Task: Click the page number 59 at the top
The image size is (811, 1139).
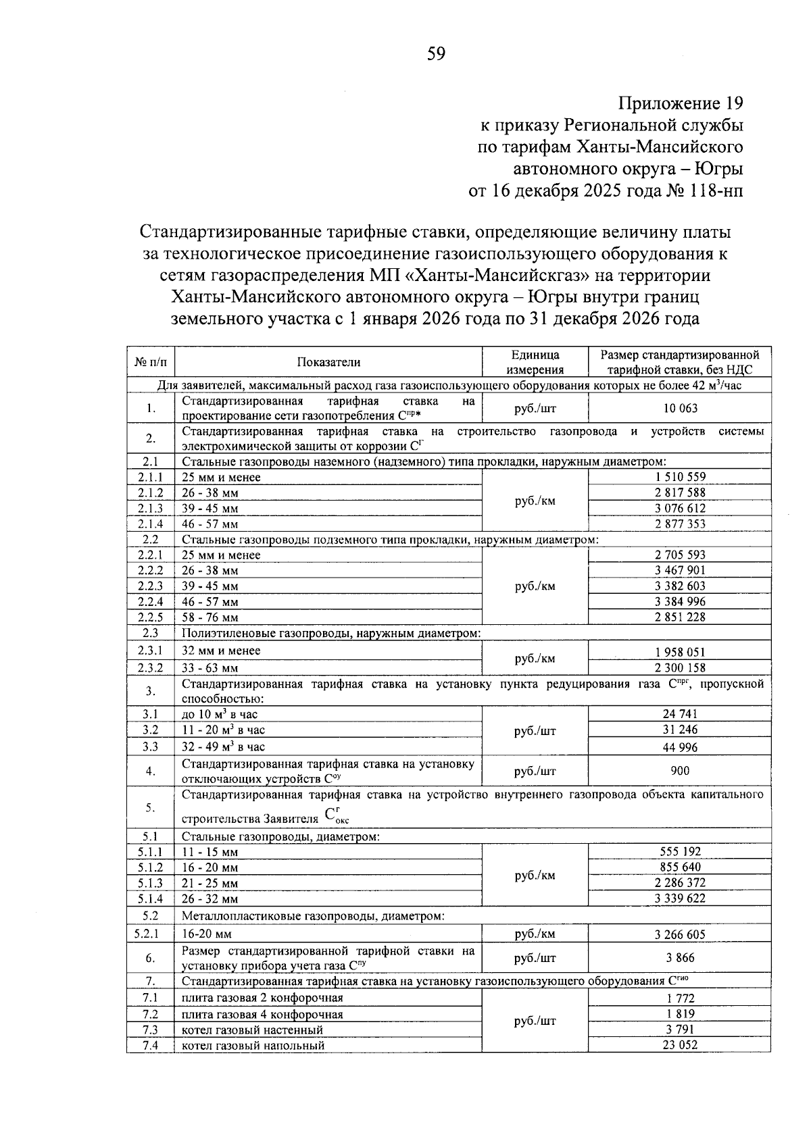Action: [x=436, y=54]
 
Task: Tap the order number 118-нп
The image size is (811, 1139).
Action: [x=717, y=191]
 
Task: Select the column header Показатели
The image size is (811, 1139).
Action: [x=328, y=362]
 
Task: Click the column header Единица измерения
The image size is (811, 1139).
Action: [x=535, y=362]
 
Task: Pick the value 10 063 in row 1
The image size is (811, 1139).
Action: [x=680, y=408]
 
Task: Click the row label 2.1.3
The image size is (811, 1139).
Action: [x=150, y=508]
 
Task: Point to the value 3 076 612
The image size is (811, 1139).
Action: [x=680, y=508]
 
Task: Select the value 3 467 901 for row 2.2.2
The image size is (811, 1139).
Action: [x=680, y=570]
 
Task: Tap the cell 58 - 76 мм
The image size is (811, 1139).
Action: [x=210, y=617]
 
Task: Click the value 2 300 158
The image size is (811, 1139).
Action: [x=680, y=668]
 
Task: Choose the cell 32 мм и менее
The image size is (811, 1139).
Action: [x=221, y=651]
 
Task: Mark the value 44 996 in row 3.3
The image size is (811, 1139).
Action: [x=680, y=747]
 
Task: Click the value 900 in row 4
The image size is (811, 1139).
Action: [x=680, y=771]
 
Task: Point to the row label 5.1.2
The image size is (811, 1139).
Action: [x=150, y=867]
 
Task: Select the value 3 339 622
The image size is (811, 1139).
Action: [x=680, y=898]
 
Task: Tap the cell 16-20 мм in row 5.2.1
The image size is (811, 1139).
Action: [x=207, y=934]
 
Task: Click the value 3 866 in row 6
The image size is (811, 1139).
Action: [x=680, y=958]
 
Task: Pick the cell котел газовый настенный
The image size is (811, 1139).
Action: [x=252, y=1030]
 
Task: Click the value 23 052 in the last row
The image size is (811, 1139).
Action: [x=680, y=1045]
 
